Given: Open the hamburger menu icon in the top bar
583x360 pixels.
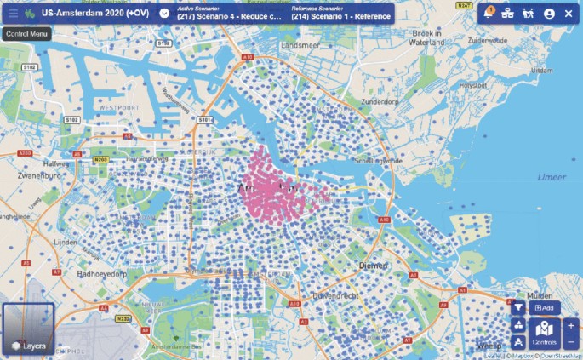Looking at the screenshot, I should pos(13,14).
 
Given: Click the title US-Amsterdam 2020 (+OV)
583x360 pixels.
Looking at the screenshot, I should pos(94,14).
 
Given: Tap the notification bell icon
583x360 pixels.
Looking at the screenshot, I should pos(488,14).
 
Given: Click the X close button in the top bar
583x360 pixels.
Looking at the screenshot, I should pos(569,14).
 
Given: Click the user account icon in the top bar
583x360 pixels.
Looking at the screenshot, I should pos(549,14).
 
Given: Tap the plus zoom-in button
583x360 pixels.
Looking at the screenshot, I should pos(570,325).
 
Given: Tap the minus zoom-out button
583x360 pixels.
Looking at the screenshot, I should pos(570,342).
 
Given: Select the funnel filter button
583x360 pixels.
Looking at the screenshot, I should pos(519,307).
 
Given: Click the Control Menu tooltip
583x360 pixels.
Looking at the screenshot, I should pos(26,34).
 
